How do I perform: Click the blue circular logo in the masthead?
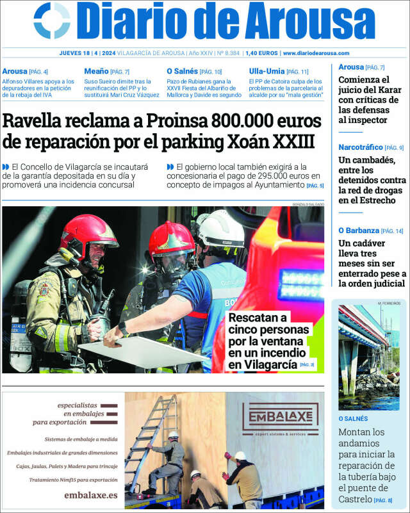pyautogui.click(x=52, y=20)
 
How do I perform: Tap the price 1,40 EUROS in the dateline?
pyautogui.click(x=261, y=53)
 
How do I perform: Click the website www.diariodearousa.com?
pyautogui.click(x=316, y=53)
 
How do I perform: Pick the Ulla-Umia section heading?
pyautogui.click(x=266, y=71)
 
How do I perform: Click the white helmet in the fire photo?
pyautogui.click(x=220, y=229)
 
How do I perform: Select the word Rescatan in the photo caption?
pyautogui.click(x=258, y=318)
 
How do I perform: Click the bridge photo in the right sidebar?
pyautogui.click(x=368, y=357)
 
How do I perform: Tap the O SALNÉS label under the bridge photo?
pyautogui.click(x=353, y=418)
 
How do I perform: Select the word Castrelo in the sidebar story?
pyautogui.click(x=355, y=499)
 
